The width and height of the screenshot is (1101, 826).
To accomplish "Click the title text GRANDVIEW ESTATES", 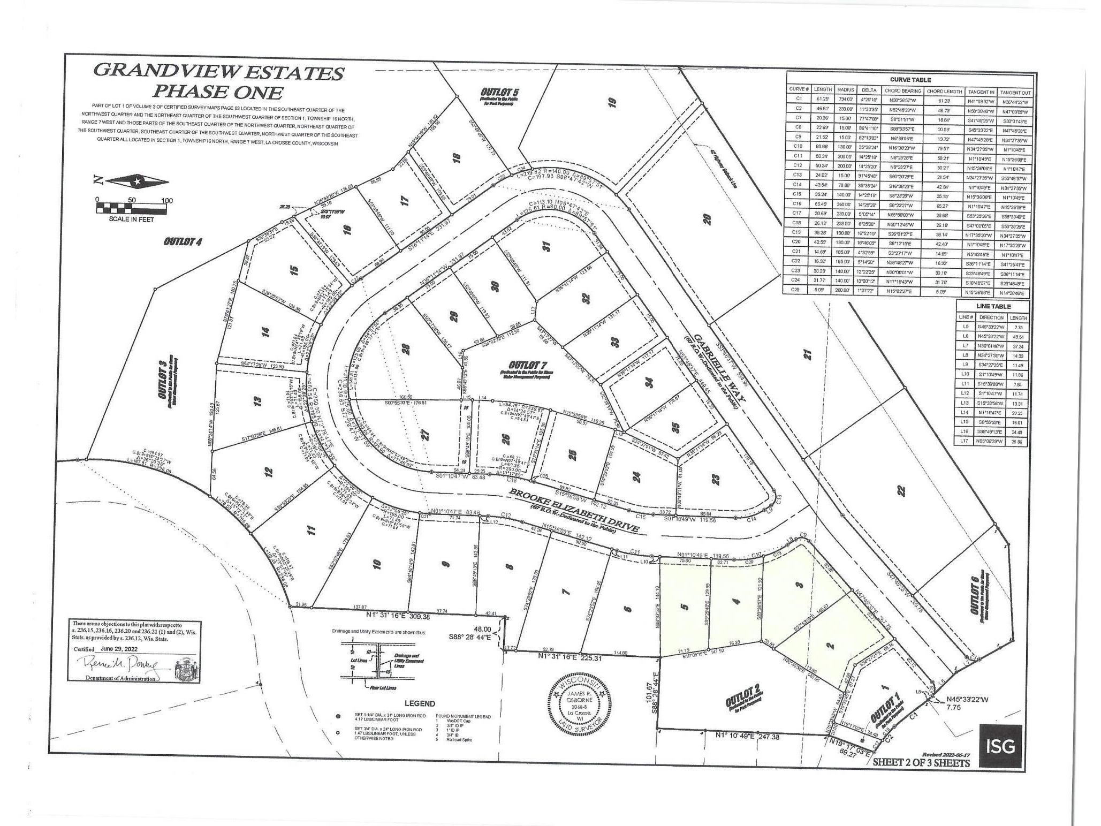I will [218, 72].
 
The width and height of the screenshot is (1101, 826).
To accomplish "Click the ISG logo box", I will [1000, 746].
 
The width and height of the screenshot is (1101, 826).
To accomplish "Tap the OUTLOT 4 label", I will [183, 242].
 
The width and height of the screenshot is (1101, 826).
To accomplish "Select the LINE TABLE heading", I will [993, 306].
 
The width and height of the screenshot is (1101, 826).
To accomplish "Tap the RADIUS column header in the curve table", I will [845, 90].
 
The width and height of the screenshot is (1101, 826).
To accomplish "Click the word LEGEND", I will [420, 703].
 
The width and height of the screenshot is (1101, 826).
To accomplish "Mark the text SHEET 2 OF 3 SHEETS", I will [921, 762].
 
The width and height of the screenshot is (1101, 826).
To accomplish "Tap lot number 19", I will [613, 102].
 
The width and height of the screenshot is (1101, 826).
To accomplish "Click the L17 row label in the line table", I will [965, 442].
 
